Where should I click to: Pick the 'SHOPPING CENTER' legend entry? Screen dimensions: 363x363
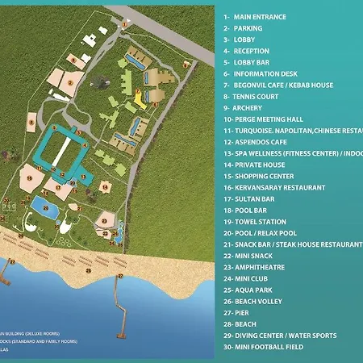click(267, 176)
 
